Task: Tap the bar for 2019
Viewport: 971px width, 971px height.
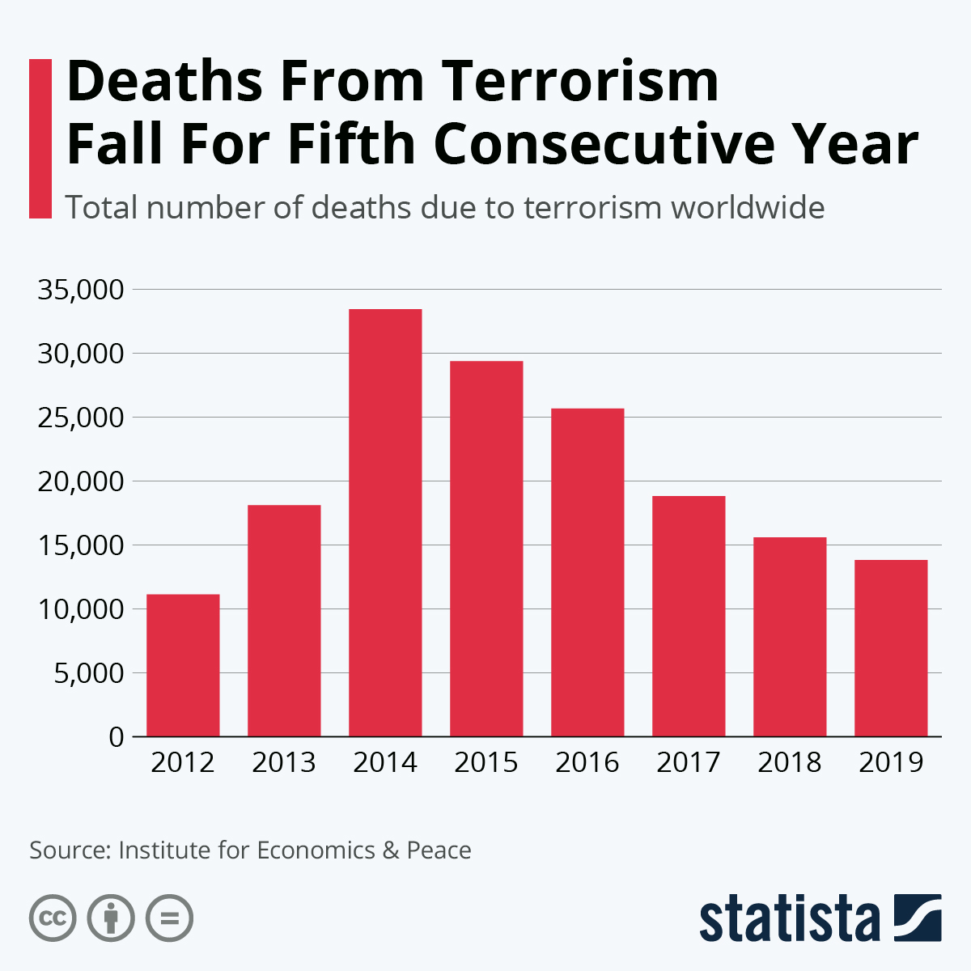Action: pos(891,648)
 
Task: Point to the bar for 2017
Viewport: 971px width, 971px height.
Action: pos(689,616)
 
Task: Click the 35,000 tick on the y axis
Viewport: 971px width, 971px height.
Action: pos(80,290)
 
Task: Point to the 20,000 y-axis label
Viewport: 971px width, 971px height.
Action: pos(80,481)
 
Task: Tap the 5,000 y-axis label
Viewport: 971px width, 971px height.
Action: pos(88,673)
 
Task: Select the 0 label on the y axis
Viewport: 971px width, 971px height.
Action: pos(116,737)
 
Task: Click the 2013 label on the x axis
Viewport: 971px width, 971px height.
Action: pos(284,762)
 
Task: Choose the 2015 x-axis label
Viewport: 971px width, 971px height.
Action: pos(486,762)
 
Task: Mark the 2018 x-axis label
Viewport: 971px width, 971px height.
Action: pos(790,762)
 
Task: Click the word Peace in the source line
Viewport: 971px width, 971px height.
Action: pos(439,850)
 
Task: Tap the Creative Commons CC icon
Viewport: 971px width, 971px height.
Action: pos(53,918)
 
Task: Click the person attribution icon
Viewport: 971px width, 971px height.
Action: pos(111,918)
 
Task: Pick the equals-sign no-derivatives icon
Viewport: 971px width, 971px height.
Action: pos(169,918)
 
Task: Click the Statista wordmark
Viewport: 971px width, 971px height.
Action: pos(790,919)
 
